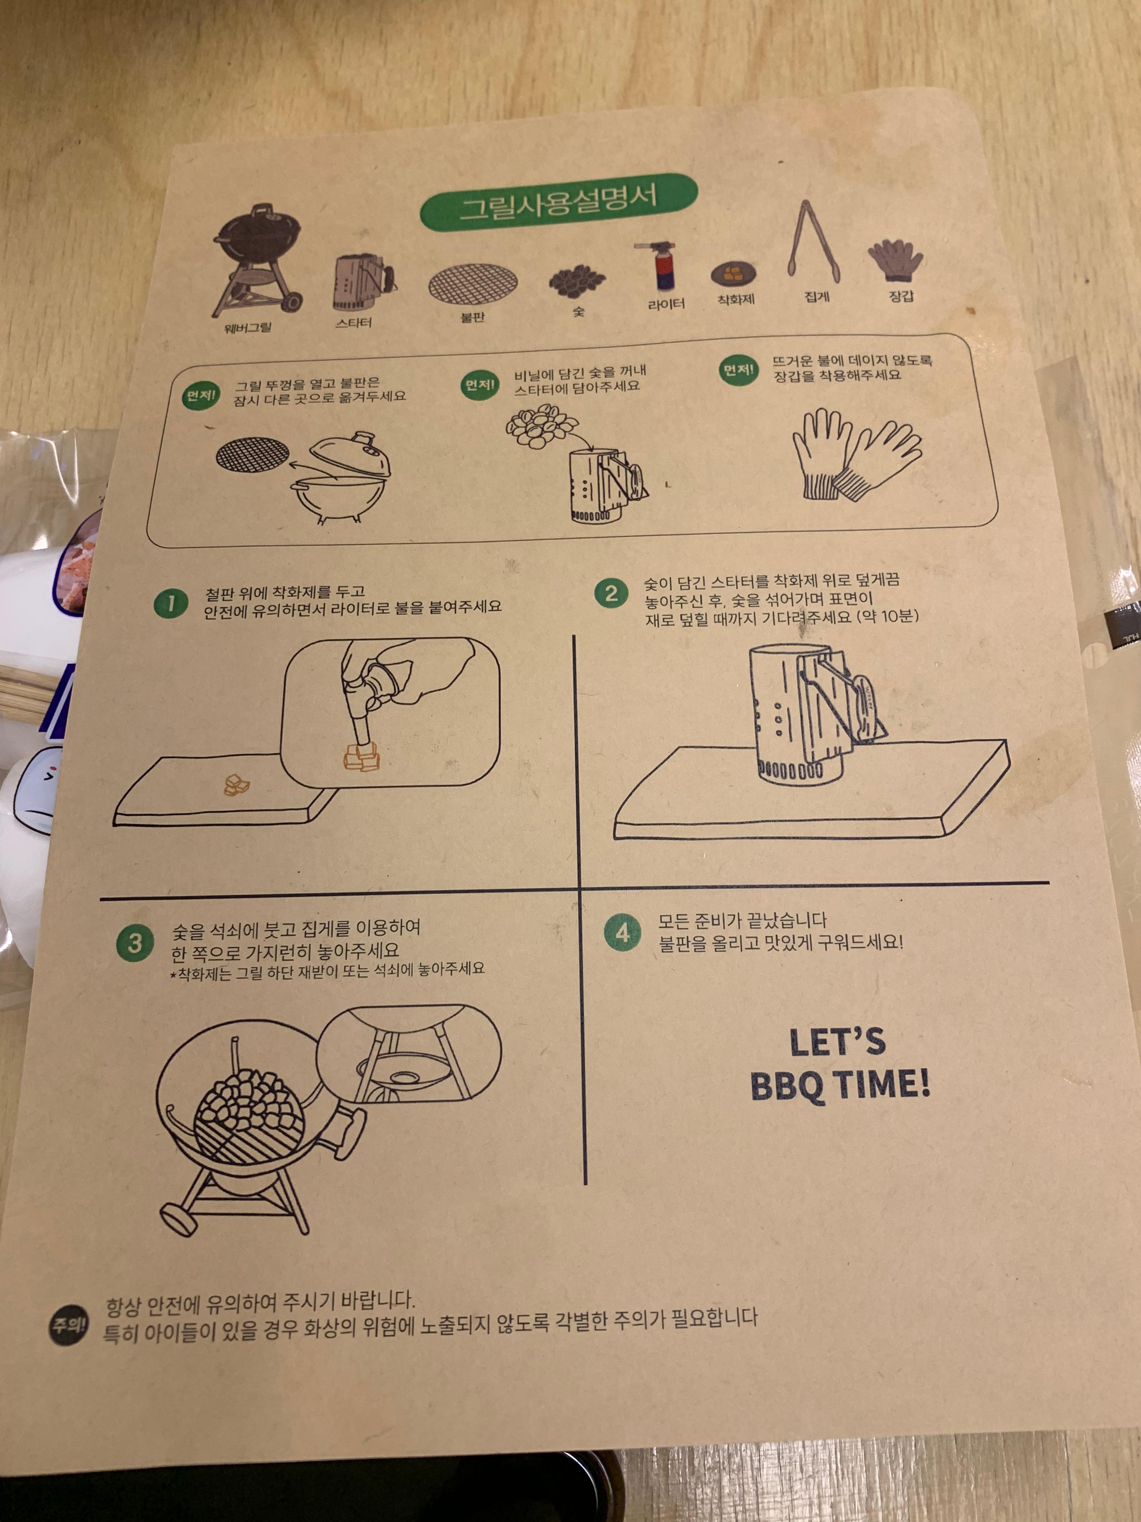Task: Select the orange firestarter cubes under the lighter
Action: [x=360, y=757]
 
